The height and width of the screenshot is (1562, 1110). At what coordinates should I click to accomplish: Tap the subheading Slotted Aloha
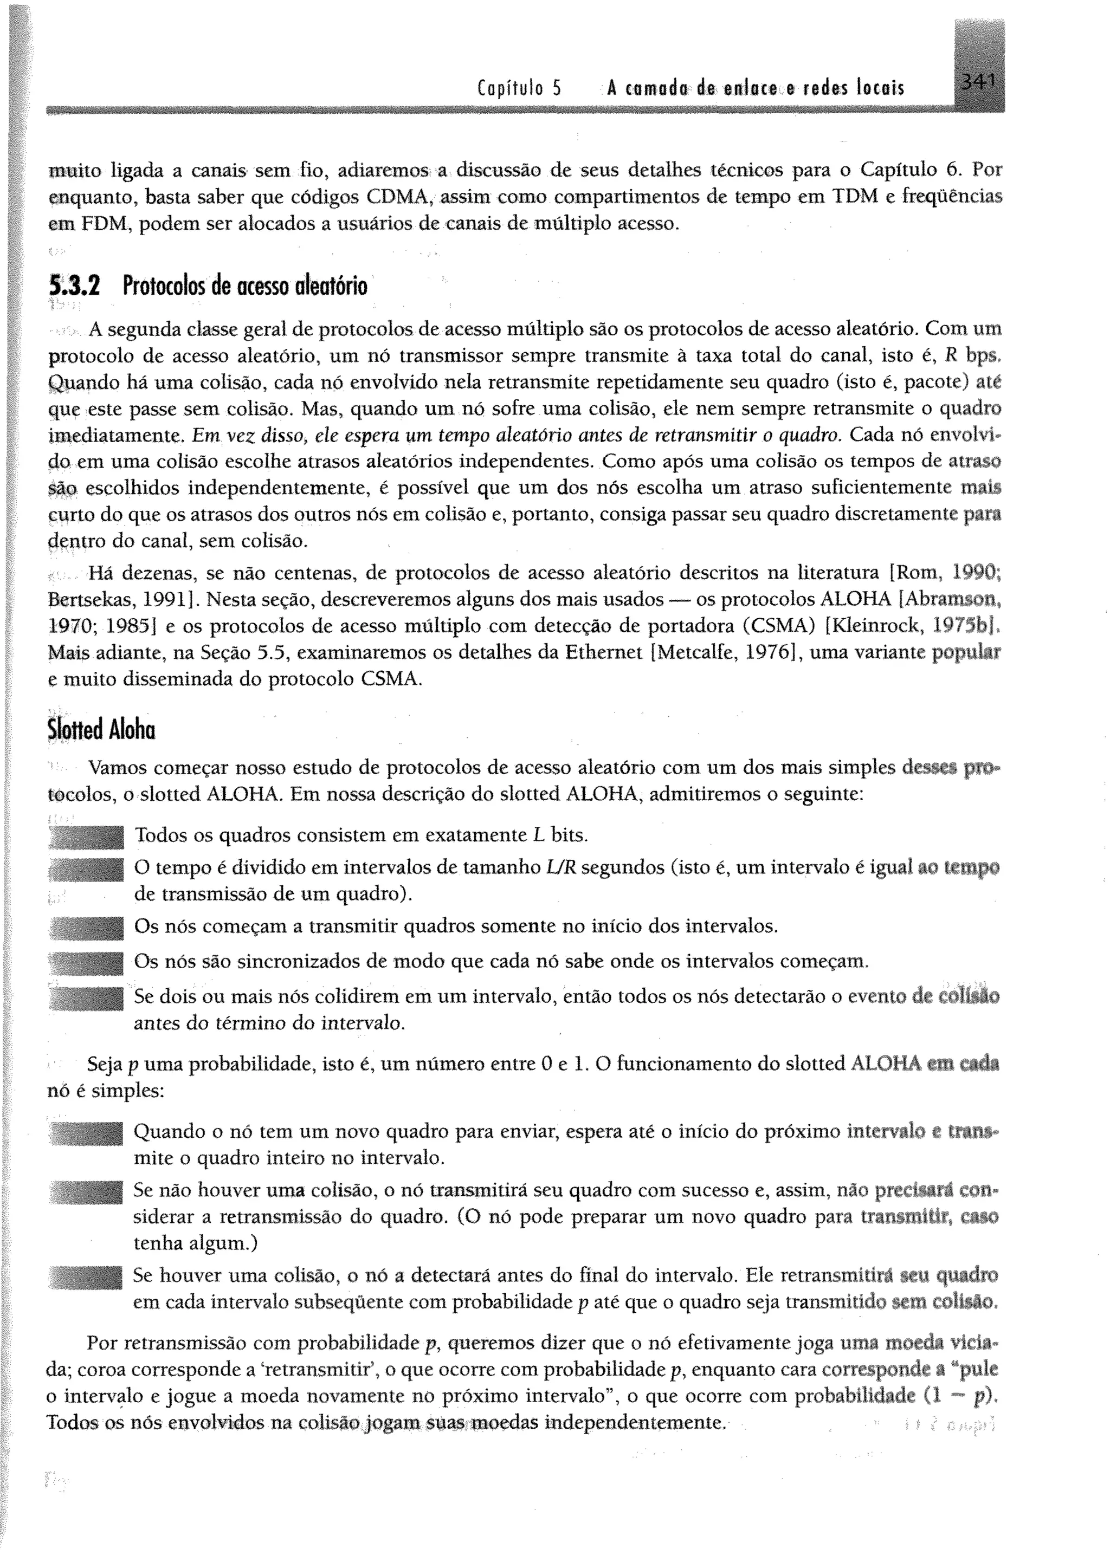101,730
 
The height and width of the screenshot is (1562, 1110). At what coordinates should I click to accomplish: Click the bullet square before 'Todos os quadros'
87,835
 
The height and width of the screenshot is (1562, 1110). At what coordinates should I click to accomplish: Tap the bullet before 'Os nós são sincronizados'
87,962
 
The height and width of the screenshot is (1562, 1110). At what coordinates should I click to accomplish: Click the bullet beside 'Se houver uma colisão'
87,1275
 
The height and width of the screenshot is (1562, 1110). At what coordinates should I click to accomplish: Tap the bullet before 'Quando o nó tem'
87,1132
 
